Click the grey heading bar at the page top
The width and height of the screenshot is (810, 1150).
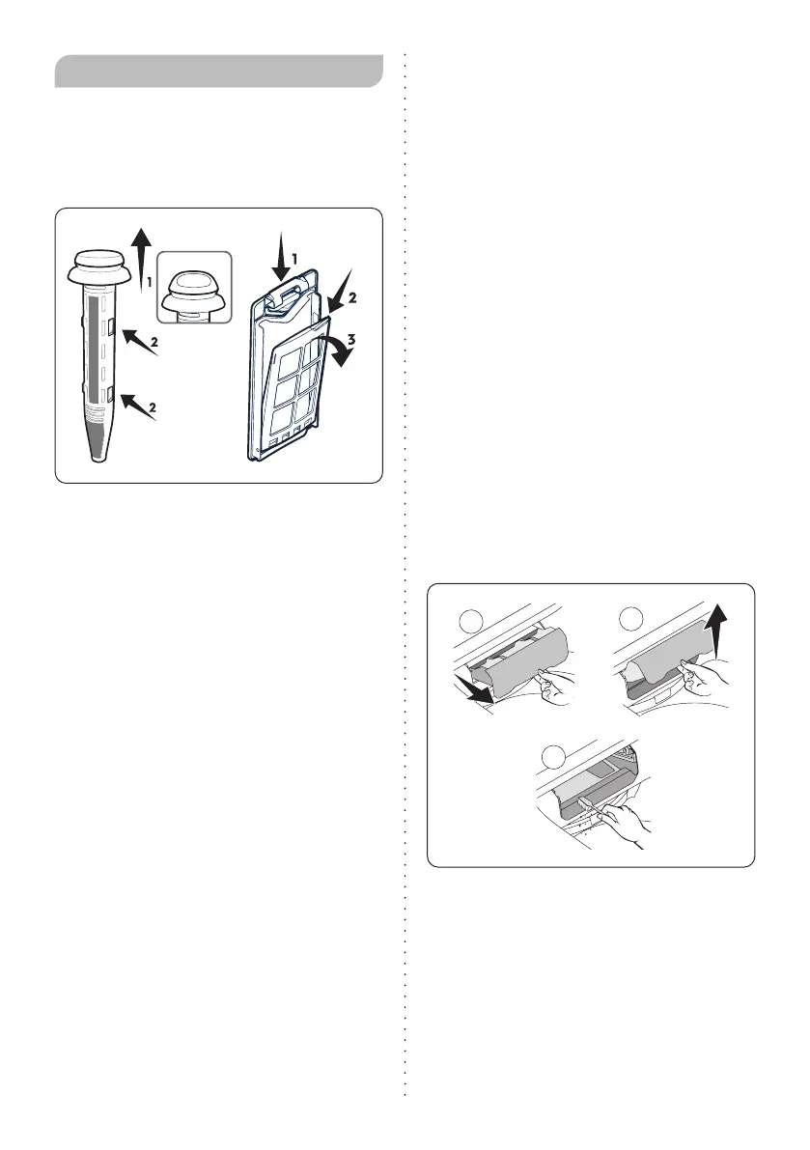[219, 70]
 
